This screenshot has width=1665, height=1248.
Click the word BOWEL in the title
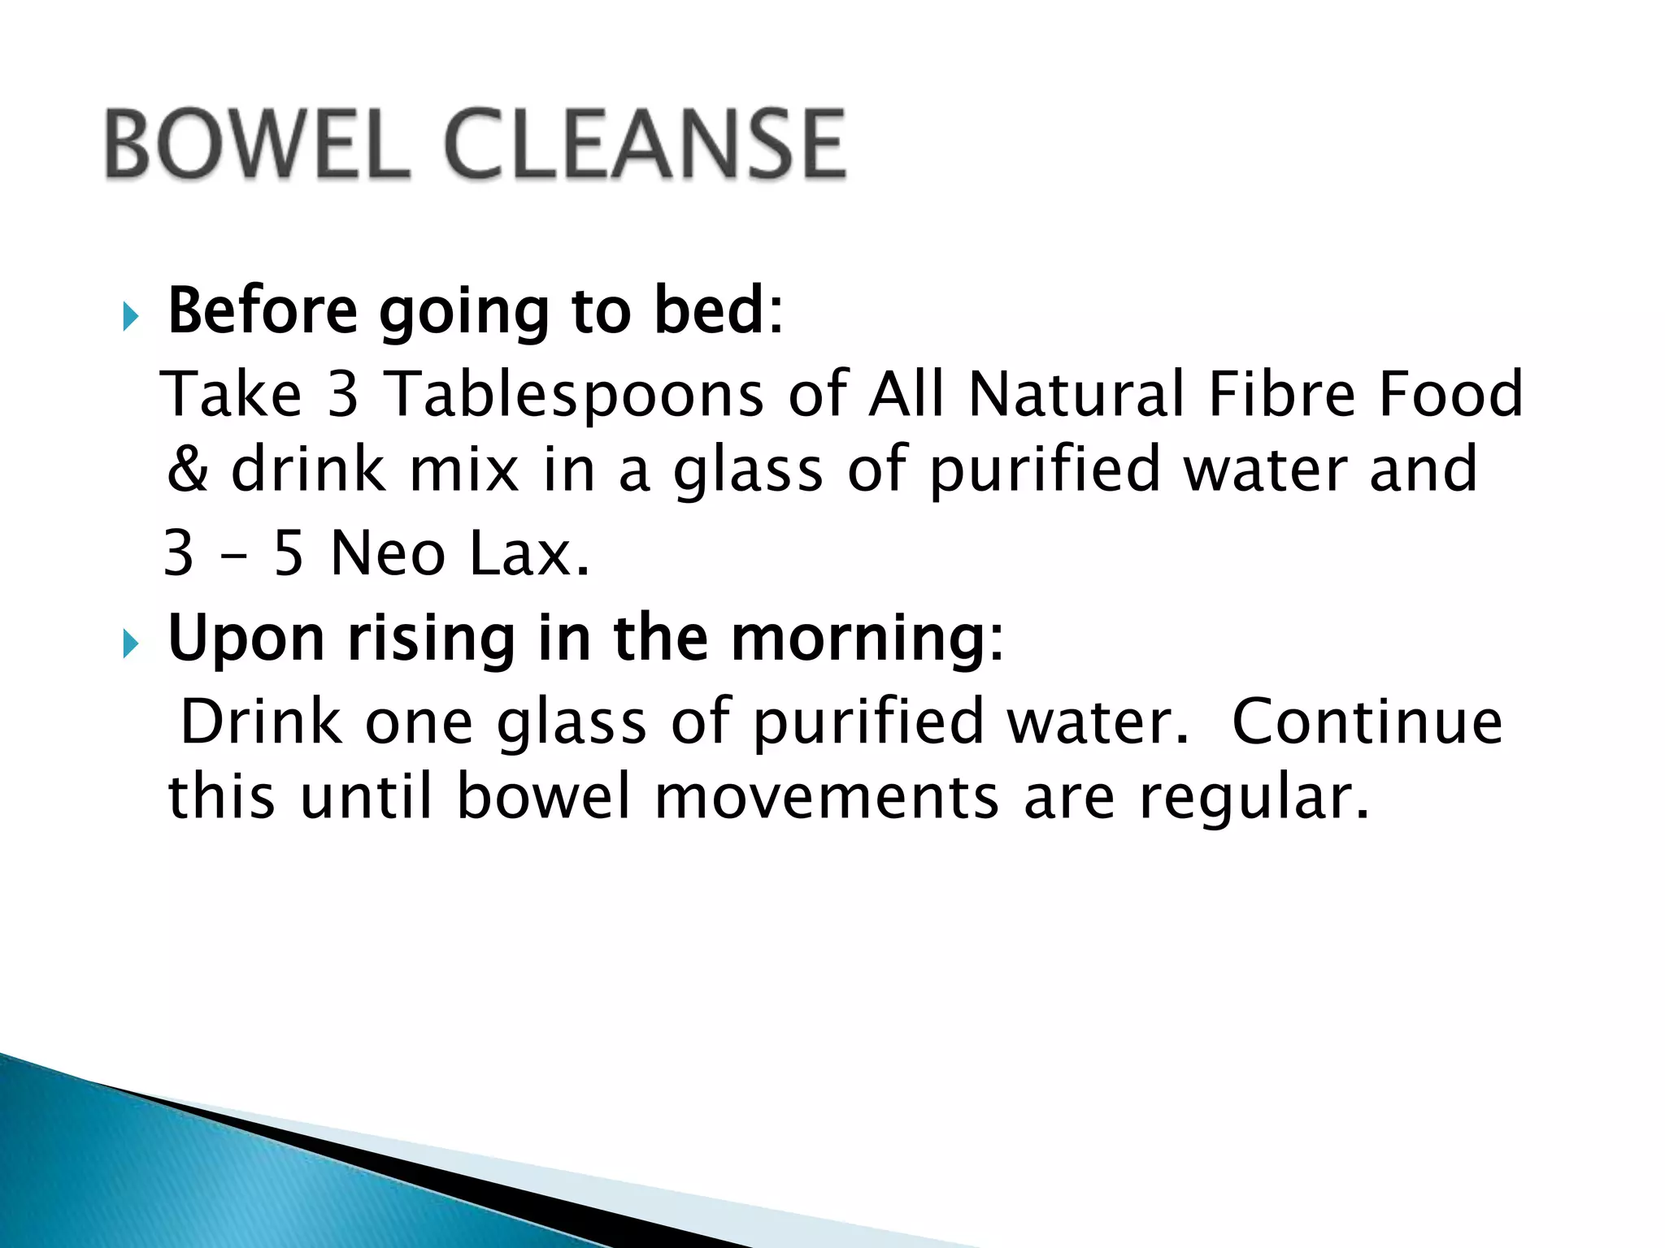point(256,145)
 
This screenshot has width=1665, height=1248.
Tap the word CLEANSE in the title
point(646,145)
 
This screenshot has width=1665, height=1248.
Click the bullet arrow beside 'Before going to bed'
point(130,316)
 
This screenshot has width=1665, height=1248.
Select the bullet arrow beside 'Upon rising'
point(130,644)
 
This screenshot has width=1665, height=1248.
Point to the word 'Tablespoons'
point(573,394)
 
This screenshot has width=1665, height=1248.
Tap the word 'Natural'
point(1076,394)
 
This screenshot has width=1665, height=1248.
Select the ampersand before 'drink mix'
point(187,470)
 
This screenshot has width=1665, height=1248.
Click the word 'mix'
point(464,470)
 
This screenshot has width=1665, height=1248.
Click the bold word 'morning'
point(858,639)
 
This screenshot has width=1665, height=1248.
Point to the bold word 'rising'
point(431,639)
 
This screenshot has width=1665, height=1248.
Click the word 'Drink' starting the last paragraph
point(261,721)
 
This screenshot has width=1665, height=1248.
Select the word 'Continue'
point(1367,721)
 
